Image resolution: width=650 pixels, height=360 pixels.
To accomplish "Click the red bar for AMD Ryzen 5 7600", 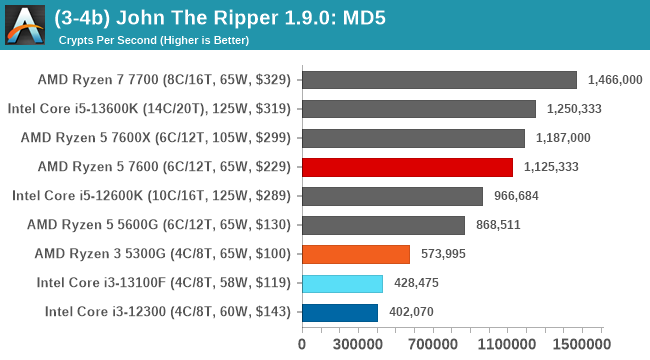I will (x=406, y=167).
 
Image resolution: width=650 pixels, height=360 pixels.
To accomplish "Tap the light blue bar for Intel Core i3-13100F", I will (x=341, y=283).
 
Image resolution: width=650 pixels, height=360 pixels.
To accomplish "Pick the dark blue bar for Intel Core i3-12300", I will (x=339, y=312).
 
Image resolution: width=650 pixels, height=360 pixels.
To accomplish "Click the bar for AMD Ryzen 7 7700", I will (x=438, y=80).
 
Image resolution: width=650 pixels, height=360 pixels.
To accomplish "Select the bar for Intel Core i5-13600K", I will (x=418, y=109).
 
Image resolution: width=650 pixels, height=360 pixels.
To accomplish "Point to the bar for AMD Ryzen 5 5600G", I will (x=382, y=225).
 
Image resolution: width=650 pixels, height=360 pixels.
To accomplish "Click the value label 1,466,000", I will (x=615, y=80).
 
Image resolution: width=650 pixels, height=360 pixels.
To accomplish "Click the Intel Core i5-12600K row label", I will (x=151, y=196).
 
